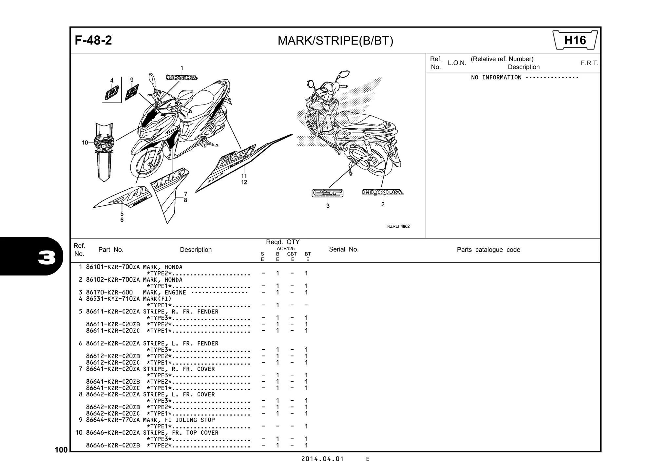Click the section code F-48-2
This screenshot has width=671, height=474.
93,40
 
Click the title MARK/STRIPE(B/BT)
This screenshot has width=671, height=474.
335,41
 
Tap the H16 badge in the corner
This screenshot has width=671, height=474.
575,40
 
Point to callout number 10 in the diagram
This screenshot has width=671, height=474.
85,142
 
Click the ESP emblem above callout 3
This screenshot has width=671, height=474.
327,193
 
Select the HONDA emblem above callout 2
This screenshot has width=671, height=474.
382,192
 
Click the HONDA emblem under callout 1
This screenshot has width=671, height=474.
182,78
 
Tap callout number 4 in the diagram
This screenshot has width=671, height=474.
112,81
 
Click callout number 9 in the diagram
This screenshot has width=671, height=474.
132,80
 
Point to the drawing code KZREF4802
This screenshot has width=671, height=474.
398,226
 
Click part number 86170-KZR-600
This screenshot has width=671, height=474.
109,293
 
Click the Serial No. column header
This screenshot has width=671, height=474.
344,249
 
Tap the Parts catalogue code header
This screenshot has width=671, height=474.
488,250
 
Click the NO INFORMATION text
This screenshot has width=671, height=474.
496,78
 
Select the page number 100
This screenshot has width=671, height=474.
61,450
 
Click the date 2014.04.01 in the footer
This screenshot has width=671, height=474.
322,459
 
